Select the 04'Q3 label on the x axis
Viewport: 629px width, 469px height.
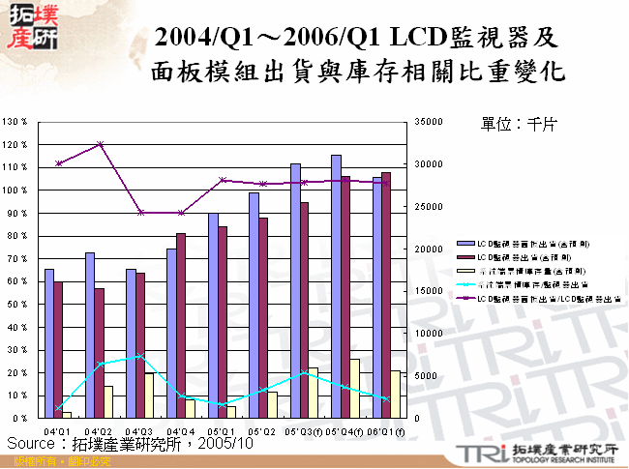pos(138,430)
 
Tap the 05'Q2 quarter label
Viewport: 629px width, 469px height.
pos(260,430)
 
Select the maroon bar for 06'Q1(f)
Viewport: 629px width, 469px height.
pos(386,295)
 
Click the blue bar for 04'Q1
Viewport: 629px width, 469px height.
pos(48,343)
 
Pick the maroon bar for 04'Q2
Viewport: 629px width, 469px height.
pos(99,353)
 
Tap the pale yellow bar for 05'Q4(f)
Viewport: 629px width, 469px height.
pos(355,389)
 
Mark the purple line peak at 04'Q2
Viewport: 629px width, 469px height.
pos(99,144)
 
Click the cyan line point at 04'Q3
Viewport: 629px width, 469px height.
pos(139,356)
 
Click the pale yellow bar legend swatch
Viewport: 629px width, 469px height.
pos(464,274)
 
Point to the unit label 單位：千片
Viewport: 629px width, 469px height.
pos(517,125)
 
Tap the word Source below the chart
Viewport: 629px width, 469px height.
pos(33,443)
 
